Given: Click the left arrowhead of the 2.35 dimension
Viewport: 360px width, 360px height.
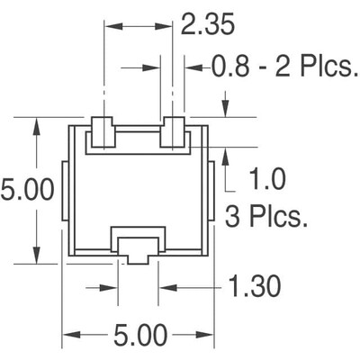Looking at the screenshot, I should tap(111, 27).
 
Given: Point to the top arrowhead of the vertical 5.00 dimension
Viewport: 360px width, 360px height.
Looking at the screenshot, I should tap(37, 123).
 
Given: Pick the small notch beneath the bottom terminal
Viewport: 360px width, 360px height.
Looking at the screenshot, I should tap(137, 258).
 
